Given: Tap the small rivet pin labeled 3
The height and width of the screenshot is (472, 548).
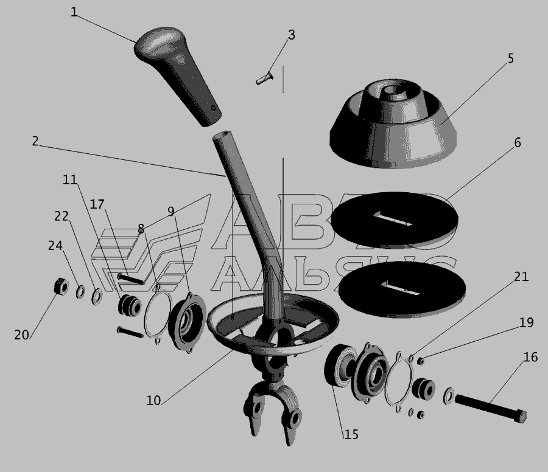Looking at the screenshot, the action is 265,78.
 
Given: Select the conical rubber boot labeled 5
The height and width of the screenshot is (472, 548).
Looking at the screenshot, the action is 393,124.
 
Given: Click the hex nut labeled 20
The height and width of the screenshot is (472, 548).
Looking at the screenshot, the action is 61,286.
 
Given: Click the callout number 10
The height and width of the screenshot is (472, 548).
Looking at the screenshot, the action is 153,400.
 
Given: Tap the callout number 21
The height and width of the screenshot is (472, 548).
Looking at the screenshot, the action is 521,277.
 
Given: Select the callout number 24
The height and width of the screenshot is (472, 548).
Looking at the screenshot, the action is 55,245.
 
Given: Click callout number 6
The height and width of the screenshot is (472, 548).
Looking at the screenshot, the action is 517,142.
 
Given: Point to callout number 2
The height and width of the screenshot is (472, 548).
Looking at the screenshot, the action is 35,141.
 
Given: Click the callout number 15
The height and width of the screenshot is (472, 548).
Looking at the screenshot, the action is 351,434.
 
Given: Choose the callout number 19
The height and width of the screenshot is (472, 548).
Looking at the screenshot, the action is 526,322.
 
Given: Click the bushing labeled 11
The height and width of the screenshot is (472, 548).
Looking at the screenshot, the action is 130,305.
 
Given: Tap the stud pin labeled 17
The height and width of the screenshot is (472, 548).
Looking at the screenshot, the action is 131,278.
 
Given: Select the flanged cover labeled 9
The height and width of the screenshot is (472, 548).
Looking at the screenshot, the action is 187,322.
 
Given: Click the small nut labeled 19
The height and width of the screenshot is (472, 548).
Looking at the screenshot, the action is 421,361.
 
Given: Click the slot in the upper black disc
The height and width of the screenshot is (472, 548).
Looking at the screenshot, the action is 394,219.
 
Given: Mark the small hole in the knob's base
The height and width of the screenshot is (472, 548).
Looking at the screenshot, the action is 213,108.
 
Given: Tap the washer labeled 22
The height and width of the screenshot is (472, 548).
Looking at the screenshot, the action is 97,296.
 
